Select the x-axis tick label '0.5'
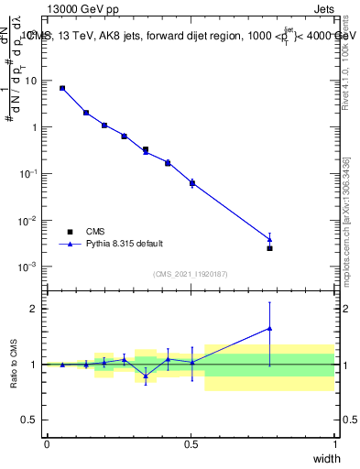[x=191, y=443]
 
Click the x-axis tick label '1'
[x=335, y=443]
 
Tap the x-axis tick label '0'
[x=47, y=443]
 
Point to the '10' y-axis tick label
[x=31, y=81]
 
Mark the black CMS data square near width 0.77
[x=269, y=248]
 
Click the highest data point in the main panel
[x=62, y=88]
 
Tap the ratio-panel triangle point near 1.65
[x=269, y=328]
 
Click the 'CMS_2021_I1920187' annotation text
[x=190, y=274]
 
